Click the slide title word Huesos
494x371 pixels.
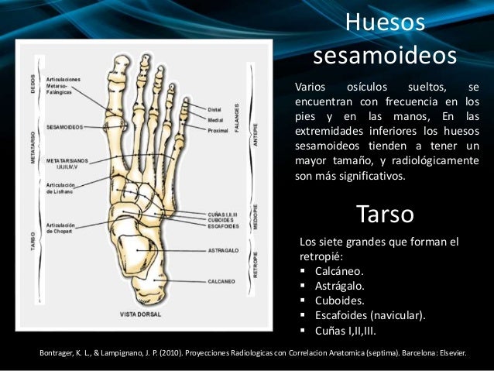385,23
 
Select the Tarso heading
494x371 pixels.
385,213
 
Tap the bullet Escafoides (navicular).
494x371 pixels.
370,315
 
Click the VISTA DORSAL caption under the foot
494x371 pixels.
142,314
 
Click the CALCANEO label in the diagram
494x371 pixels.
224,282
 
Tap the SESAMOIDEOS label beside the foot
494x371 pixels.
65,126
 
